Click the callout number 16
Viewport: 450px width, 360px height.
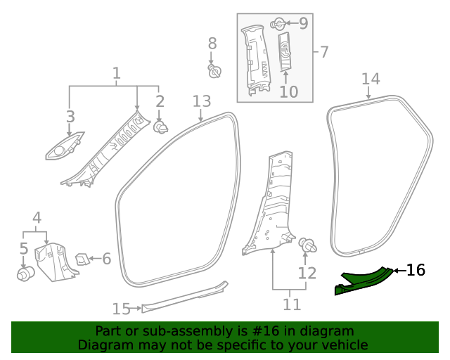click(416, 270)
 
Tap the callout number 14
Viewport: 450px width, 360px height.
click(371, 79)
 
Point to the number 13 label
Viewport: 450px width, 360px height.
click(202, 101)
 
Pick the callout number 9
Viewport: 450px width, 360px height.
click(303, 24)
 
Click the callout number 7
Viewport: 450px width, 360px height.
click(325, 51)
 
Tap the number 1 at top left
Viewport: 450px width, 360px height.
click(117, 73)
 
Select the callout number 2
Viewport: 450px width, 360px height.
click(160, 101)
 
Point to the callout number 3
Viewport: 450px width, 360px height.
click(70, 117)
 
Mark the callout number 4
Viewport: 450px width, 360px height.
click(37, 218)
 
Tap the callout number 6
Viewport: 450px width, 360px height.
click(107, 259)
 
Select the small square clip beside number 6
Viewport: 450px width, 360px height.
click(82, 258)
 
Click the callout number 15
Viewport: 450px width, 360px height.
click(122, 309)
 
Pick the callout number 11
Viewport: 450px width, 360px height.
click(292, 304)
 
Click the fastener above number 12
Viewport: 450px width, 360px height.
click(308, 246)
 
